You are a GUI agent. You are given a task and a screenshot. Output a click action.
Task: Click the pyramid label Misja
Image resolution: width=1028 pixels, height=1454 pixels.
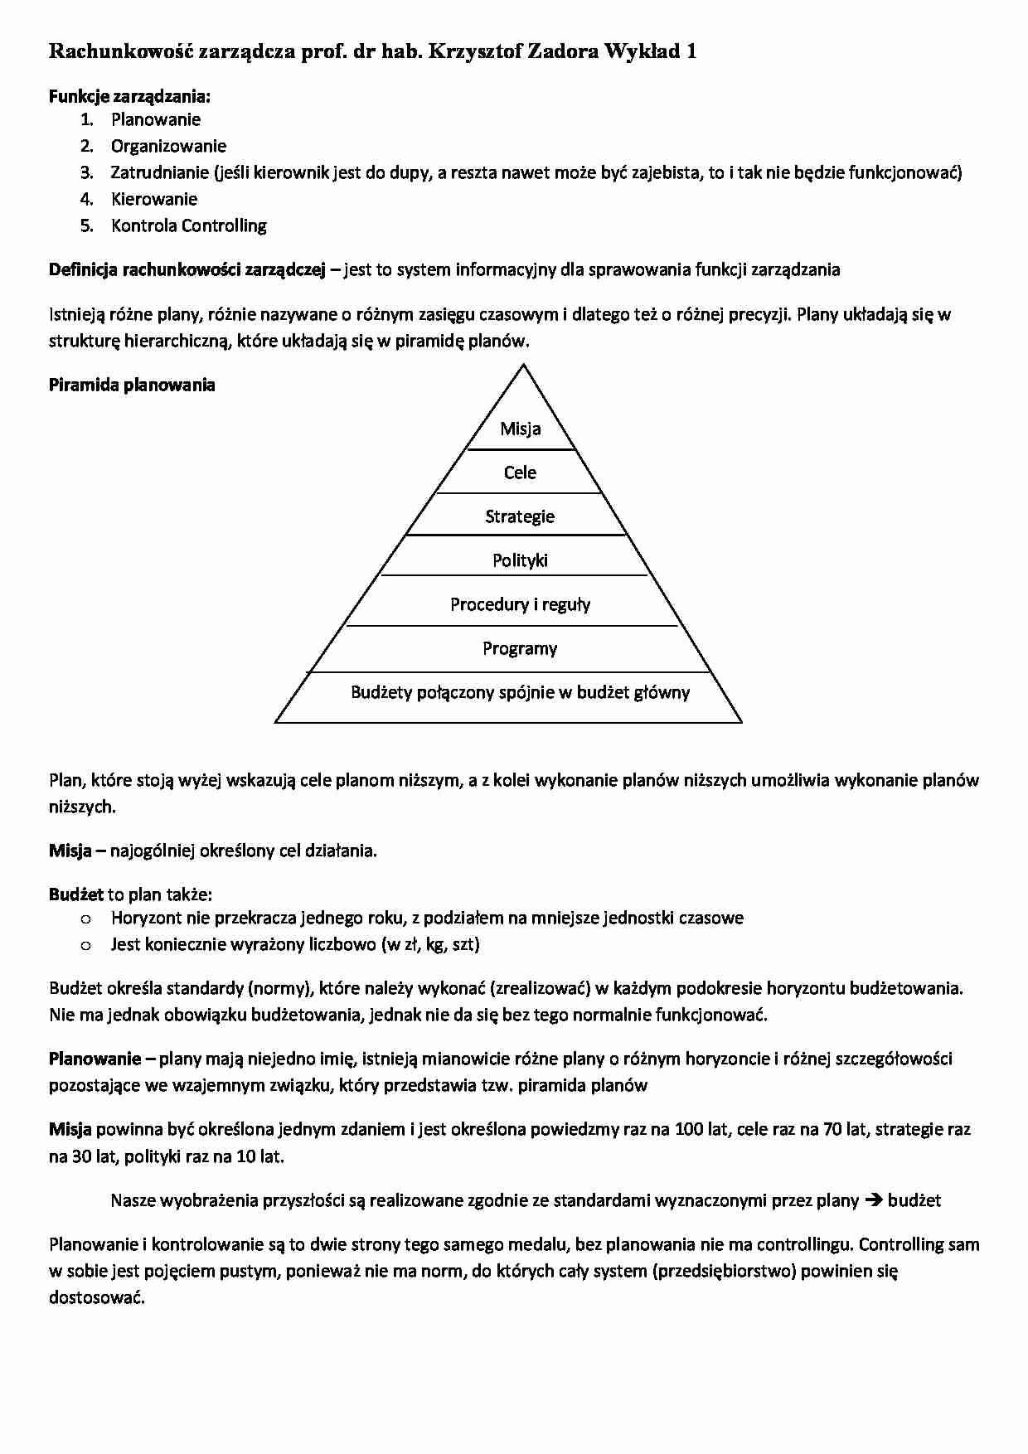pyautogui.click(x=520, y=429)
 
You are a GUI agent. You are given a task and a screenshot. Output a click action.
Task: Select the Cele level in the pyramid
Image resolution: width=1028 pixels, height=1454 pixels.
pyautogui.click(x=520, y=473)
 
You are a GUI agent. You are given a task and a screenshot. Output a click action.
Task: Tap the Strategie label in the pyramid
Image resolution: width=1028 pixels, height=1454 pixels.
pyautogui.click(x=520, y=516)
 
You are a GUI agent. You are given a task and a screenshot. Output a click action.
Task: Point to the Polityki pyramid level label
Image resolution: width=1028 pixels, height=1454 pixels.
pyautogui.click(x=520, y=560)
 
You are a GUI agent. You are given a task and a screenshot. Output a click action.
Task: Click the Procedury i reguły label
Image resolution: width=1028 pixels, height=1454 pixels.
pyautogui.click(x=520, y=604)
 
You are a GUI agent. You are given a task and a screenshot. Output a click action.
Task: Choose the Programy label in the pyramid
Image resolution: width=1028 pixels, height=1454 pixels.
pyautogui.click(x=520, y=648)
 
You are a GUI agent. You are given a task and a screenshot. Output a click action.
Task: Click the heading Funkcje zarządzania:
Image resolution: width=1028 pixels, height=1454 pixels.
pyautogui.click(x=129, y=96)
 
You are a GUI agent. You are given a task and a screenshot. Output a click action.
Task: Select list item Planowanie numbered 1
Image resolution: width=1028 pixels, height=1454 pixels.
pyautogui.click(x=156, y=119)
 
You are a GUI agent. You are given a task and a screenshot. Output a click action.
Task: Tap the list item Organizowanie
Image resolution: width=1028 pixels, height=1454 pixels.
pyautogui.click(x=168, y=146)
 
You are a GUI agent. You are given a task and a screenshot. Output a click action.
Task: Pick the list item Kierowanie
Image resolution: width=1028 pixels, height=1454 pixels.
pyautogui.click(x=154, y=199)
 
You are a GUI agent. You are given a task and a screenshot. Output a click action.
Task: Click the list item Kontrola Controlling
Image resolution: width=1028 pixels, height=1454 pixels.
pyautogui.click(x=189, y=225)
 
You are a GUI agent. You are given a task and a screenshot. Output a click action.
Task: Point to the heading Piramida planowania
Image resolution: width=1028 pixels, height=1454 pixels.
pyautogui.click(x=132, y=385)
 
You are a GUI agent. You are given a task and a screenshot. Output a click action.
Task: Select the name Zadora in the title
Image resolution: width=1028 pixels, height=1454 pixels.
pyautogui.click(x=563, y=51)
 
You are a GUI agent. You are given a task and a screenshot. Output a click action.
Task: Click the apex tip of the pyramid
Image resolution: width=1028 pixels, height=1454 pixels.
pyautogui.click(x=524, y=366)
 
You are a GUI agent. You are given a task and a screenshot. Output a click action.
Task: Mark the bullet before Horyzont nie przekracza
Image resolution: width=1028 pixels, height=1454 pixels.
pyautogui.click(x=85, y=918)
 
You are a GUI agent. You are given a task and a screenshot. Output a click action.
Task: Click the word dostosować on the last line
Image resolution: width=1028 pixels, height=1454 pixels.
pyautogui.click(x=96, y=1297)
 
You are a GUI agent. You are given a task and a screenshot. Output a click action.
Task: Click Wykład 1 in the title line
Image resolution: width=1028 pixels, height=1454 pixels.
pyautogui.click(x=650, y=51)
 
